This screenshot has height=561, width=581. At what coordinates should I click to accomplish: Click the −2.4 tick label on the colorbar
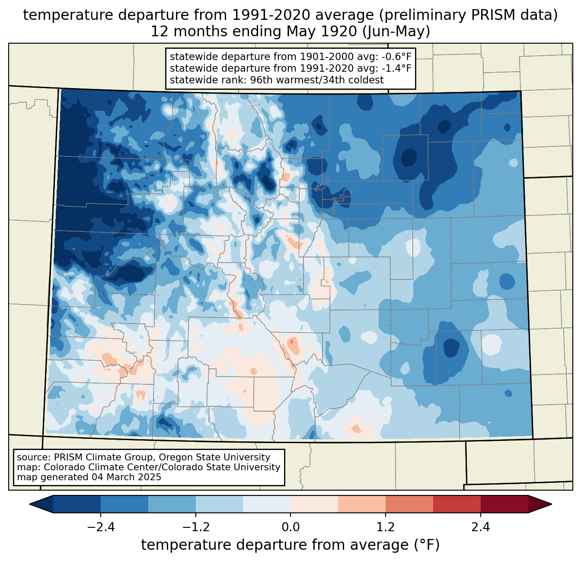pos(100,527)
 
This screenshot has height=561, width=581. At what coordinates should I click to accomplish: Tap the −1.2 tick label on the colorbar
pos(195,527)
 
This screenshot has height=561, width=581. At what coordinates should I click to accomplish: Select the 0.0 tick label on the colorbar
pos(290,527)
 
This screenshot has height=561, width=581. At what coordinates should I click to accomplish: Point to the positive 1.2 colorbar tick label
pos(386,527)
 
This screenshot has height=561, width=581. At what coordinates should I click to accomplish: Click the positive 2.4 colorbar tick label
pos(481,527)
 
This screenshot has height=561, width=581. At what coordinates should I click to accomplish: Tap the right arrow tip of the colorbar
pos(550,504)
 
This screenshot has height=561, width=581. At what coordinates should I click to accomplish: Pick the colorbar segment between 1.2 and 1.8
pos(409,504)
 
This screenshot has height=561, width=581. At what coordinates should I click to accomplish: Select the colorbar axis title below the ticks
pos(290,545)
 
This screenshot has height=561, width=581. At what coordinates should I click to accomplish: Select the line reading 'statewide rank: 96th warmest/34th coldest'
pos(277,80)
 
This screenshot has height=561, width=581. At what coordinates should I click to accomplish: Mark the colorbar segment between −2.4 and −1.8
pos(124,504)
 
